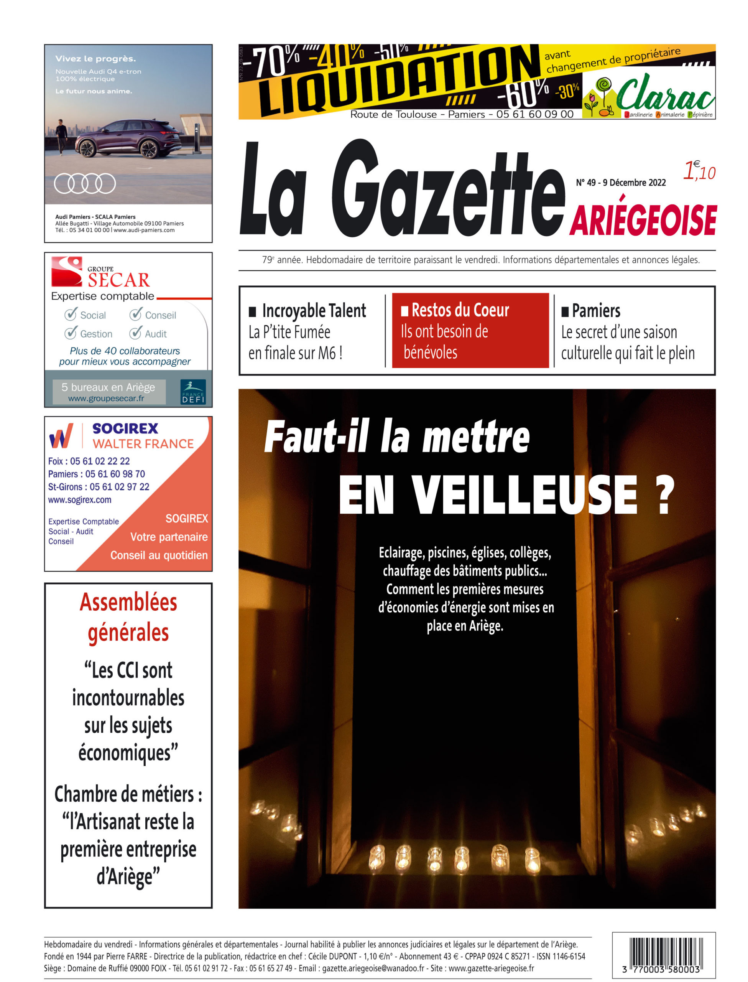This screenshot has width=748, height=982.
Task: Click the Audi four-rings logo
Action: (85, 183)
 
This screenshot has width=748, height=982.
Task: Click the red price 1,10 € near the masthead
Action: (699, 171)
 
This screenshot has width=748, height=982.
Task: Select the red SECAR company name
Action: (118, 280)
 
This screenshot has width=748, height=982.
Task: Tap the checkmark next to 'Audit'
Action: (135, 333)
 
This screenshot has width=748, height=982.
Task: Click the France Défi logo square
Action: (193, 392)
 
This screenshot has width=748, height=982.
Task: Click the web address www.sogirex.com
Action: (80, 500)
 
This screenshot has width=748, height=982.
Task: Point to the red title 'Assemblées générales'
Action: (128, 617)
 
